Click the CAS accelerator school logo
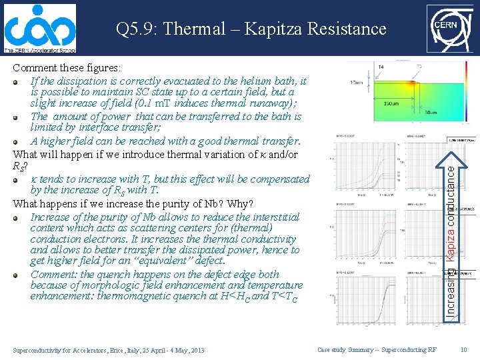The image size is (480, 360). [39, 29]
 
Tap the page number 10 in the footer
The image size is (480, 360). [464, 350]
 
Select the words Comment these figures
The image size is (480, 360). [67, 68]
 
